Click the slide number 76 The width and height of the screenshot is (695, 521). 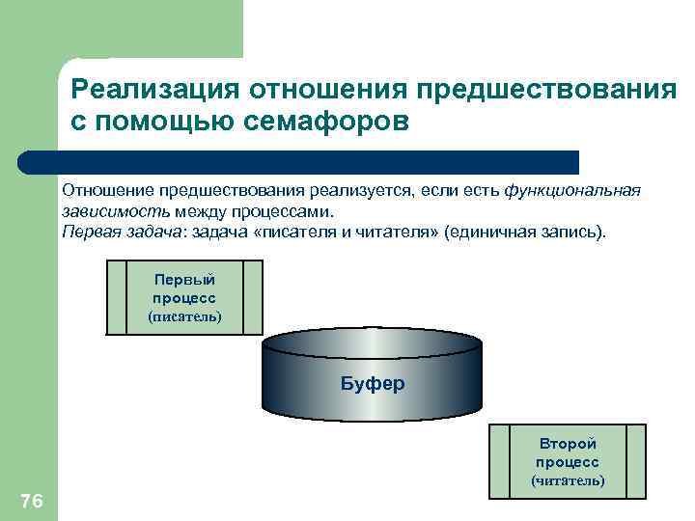tap(31, 500)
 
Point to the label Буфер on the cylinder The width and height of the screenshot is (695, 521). tap(373, 383)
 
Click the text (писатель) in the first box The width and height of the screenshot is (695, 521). tap(184, 316)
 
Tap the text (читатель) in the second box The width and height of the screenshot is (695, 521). tap(568, 480)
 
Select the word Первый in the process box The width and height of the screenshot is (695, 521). tap(184, 279)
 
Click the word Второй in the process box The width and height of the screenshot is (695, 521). tap(568, 443)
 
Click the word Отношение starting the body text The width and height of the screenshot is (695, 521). tap(107, 190)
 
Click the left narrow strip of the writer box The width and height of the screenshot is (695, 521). tap(116, 297)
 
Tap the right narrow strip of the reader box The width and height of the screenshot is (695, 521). tap(636, 461)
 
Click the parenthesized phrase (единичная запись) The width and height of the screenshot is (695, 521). tap(527, 233)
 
